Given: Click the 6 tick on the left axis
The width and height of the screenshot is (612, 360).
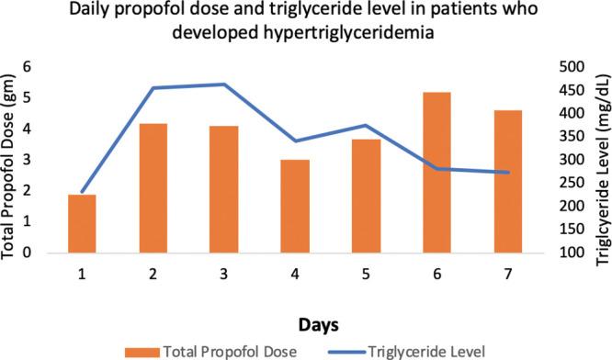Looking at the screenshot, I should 27,66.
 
